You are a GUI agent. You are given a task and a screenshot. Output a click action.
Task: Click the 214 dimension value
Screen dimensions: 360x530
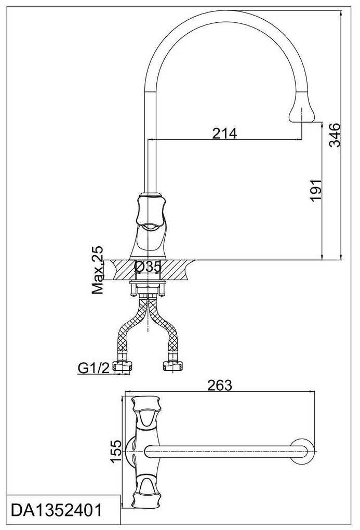(x=224, y=133)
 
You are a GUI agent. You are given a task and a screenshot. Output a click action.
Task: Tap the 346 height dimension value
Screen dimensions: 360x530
(x=335, y=135)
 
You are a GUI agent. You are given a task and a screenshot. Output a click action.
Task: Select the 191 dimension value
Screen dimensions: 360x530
(x=316, y=190)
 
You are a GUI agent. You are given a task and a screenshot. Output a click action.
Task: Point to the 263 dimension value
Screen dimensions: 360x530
(x=220, y=385)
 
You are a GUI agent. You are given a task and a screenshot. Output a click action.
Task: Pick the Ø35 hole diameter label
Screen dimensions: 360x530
(x=148, y=267)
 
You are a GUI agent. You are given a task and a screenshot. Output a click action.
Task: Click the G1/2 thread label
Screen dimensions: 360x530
(x=94, y=368)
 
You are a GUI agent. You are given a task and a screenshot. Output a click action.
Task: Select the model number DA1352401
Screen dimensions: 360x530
(x=57, y=510)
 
